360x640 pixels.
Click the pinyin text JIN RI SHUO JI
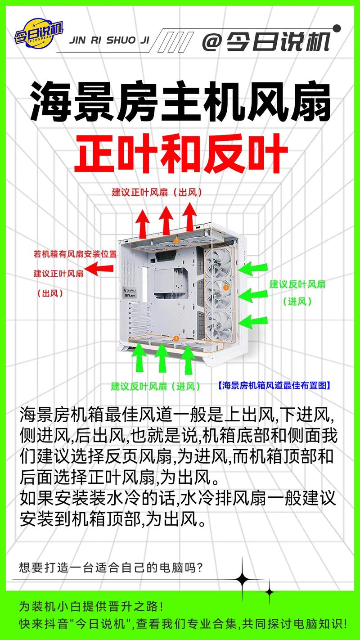(x=109, y=41)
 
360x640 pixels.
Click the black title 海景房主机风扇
(x=180, y=101)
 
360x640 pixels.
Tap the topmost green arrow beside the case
(x=253, y=269)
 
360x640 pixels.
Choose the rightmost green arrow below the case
(x=188, y=360)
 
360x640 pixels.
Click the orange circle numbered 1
(x=225, y=288)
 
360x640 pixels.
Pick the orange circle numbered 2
(x=176, y=241)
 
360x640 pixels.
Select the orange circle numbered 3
(x=176, y=339)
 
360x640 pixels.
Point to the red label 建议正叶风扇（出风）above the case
(x=157, y=192)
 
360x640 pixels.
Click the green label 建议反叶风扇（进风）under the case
(x=155, y=387)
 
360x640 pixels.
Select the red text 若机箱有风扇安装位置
(x=75, y=254)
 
